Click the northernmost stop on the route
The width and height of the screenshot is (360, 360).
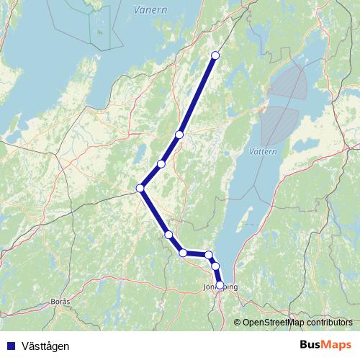pyautogui.click(x=215, y=55)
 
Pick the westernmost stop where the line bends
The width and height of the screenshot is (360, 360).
pyautogui.click(x=140, y=189)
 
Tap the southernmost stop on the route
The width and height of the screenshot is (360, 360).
pyautogui.click(x=220, y=284)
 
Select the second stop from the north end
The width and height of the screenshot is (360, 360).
pyautogui.click(x=179, y=135)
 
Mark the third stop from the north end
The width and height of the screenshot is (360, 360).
pyautogui.click(x=161, y=164)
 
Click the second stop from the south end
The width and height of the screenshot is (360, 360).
pyautogui.click(x=215, y=266)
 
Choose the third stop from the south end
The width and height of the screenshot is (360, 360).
pyautogui.click(x=209, y=255)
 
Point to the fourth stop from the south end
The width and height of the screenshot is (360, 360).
pyautogui.click(x=184, y=253)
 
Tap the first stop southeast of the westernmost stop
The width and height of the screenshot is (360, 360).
pyautogui.click(x=168, y=235)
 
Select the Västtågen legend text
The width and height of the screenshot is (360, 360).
pyautogui.click(x=42, y=346)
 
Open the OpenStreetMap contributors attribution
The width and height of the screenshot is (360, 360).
pyautogui.click(x=297, y=323)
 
